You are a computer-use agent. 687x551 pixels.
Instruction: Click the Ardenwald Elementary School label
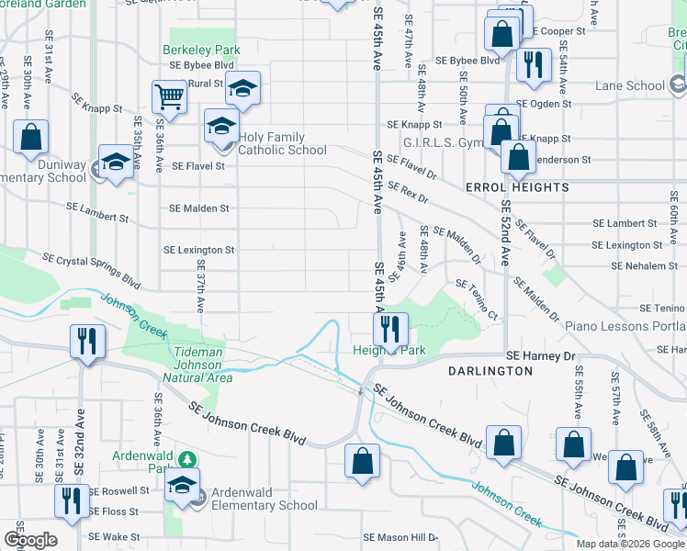click(x=265, y=499)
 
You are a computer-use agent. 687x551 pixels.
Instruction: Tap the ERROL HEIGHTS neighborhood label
click(x=517, y=187)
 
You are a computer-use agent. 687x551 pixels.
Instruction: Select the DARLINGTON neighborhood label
click(x=490, y=371)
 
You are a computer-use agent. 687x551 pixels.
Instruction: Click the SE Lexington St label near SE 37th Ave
click(x=199, y=250)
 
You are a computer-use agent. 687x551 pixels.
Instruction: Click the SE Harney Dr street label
click(x=542, y=356)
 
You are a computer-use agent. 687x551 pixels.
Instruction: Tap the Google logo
click(x=30, y=540)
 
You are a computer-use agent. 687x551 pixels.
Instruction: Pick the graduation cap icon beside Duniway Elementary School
click(x=116, y=162)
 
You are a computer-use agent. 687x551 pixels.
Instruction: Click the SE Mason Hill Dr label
click(x=402, y=537)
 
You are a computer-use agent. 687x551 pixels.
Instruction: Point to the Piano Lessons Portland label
click(x=625, y=326)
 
